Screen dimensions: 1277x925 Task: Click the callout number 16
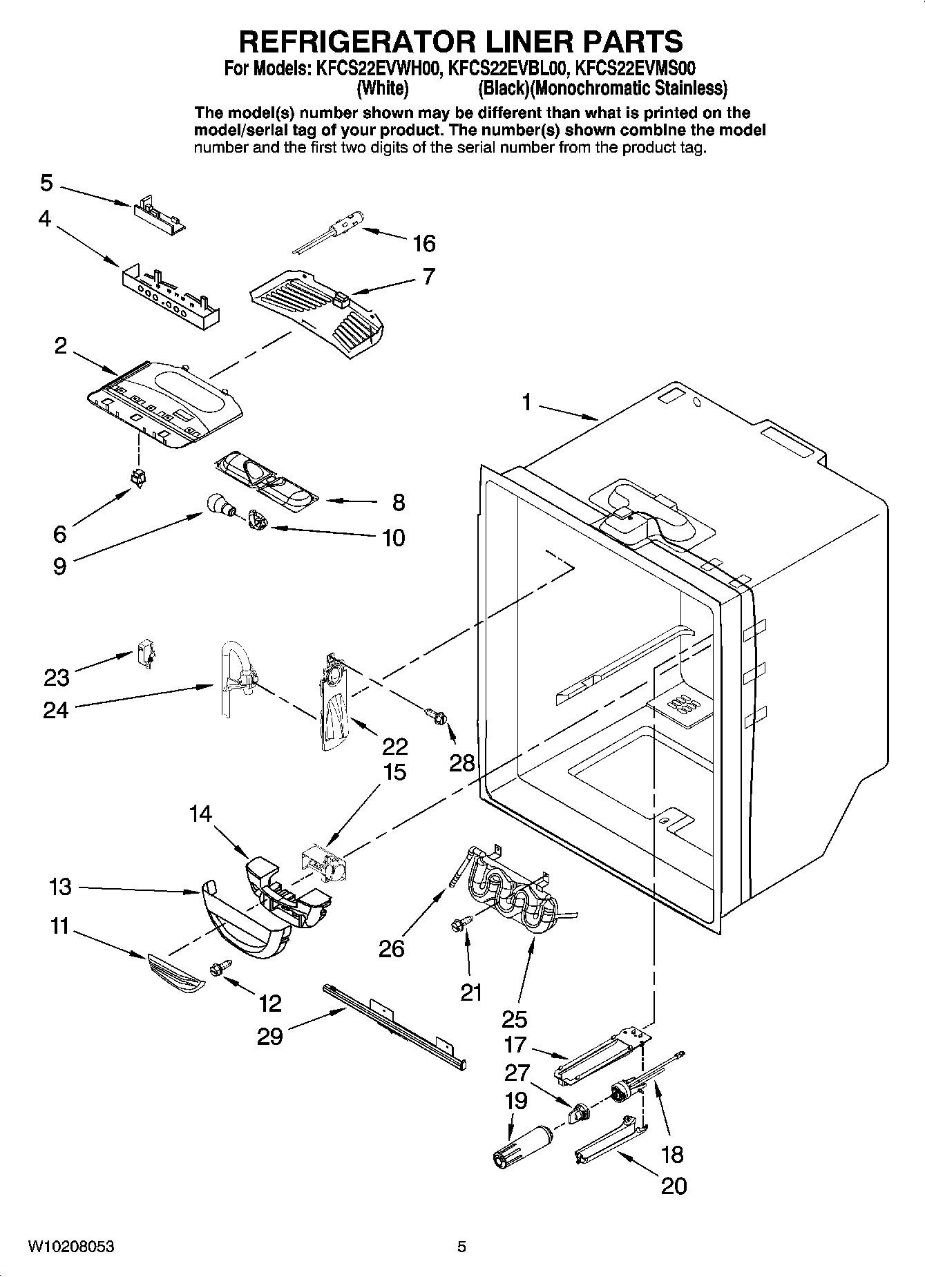tap(424, 243)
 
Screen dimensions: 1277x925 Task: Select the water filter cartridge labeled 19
tap(521, 1146)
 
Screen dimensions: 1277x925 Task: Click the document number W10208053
tap(71, 1247)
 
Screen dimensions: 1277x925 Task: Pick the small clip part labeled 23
tap(145, 653)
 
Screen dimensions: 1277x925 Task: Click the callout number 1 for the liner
tap(526, 402)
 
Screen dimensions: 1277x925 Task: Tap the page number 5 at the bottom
tap(461, 1247)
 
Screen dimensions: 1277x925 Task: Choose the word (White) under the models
tap(382, 88)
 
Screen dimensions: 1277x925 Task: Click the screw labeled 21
tap(464, 922)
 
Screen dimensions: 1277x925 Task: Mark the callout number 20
tap(674, 1186)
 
